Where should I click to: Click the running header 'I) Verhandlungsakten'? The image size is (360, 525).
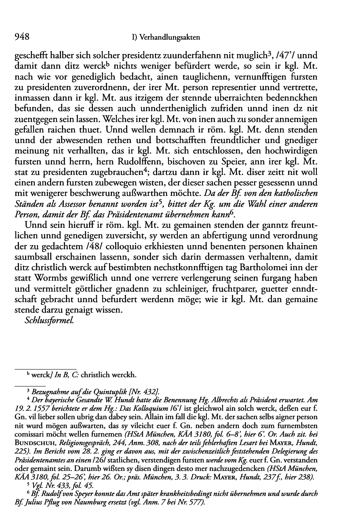167,38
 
